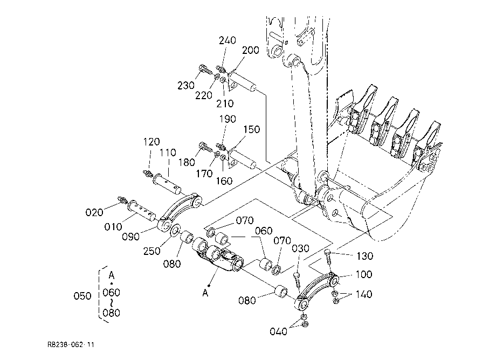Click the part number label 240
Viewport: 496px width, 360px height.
(x=228, y=40)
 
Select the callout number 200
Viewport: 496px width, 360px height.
(x=251, y=50)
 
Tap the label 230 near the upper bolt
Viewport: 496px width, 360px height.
(x=185, y=85)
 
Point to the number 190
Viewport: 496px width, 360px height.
(x=228, y=119)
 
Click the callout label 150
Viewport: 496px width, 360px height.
(x=251, y=129)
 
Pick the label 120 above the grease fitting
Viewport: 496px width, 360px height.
(x=151, y=142)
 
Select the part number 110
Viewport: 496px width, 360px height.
(x=168, y=153)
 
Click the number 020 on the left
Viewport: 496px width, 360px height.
(x=94, y=212)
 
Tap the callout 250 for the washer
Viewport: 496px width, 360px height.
(x=152, y=251)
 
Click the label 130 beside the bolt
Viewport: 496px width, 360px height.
(x=365, y=256)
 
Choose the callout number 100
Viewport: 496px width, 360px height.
(x=364, y=274)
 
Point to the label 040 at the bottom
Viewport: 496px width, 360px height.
(x=278, y=331)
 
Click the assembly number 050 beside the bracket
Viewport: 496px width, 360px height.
(x=82, y=296)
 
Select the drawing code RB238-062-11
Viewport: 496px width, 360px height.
(x=71, y=344)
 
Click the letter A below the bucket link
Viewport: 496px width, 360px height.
(x=205, y=293)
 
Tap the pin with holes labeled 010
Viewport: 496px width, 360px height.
(x=141, y=211)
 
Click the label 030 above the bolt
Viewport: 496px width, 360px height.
(x=300, y=249)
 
